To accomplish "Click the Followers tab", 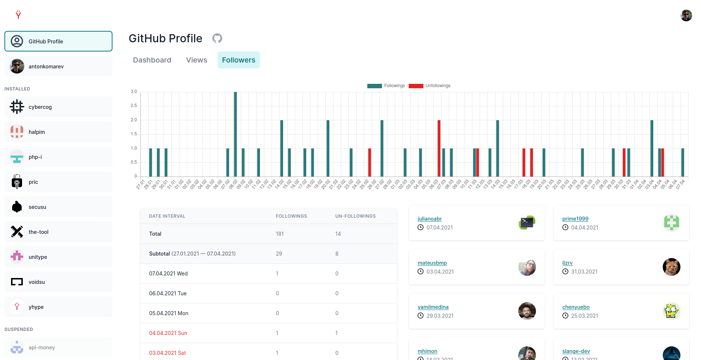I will click(239, 60).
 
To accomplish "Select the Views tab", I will click(196, 60).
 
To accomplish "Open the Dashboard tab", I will click(152, 60).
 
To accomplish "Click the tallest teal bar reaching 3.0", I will click(235, 134).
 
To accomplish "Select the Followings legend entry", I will click(386, 86).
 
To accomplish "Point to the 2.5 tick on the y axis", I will click(134, 106).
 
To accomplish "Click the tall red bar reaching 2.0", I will click(439, 148).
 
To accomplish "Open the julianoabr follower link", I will click(429, 219).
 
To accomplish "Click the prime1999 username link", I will click(575, 219).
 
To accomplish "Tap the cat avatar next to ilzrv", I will click(671, 267).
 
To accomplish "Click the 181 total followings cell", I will click(280, 234).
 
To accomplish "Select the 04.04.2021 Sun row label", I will click(168, 333).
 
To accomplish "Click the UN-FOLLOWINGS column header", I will click(355, 216).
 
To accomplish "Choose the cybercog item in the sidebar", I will click(58, 107).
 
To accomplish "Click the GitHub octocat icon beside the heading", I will click(217, 38).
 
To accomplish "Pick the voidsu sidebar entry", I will click(58, 282).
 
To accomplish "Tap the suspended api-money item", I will click(58, 347).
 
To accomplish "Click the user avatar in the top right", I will click(686, 15).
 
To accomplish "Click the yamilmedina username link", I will click(433, 307).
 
